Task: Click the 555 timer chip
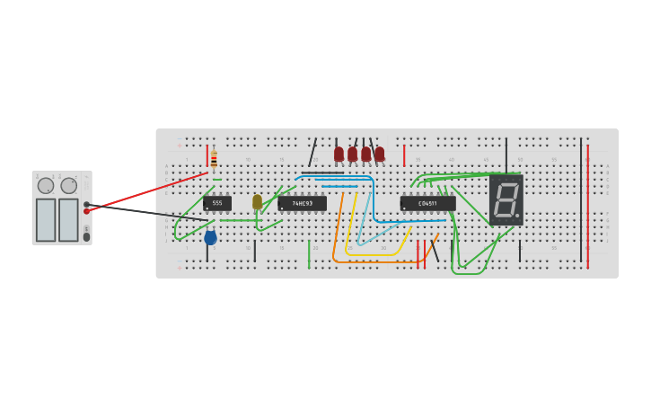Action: point(217,203)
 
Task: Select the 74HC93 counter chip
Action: point(302,204)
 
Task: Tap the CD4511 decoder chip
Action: point(427,204)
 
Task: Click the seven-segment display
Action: point(506,199)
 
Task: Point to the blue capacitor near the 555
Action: point(210,237)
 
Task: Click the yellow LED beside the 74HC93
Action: point(257,201)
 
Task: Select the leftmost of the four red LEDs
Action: point(339,154)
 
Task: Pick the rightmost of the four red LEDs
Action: point(380,154)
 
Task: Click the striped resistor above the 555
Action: point(214,159)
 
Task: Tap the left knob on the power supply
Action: point(46,186)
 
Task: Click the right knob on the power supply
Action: point(69,186)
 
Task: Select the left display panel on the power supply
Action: point(46,219)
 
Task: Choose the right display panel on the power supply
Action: point(68,219)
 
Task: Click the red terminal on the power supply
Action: point(87,211)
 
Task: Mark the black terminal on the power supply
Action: point(87,204)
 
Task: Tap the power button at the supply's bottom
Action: point(87,236)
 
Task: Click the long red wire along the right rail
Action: point(588,207)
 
